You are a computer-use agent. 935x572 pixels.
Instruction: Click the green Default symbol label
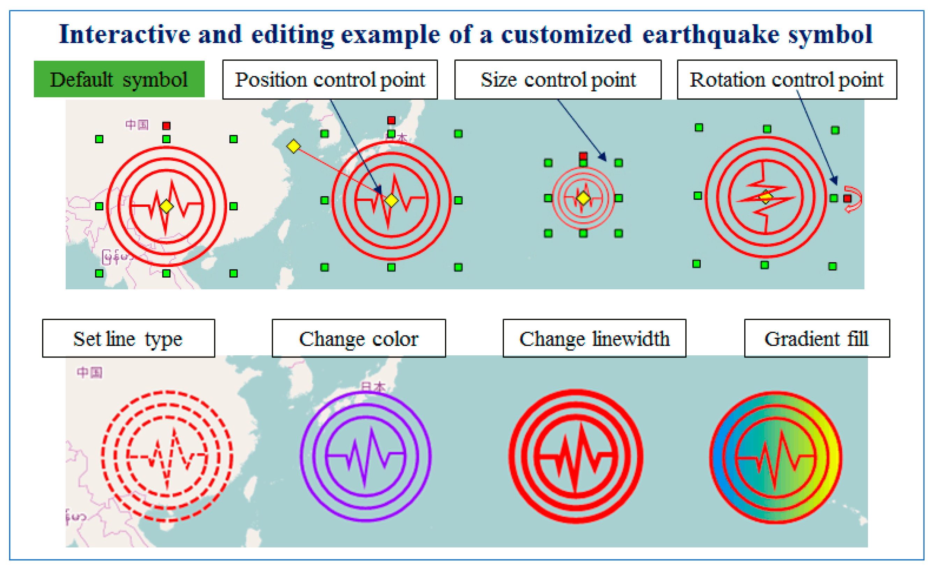pos(119,79)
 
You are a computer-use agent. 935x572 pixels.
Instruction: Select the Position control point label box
pos(330,79)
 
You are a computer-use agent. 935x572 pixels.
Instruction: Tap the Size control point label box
pos(558,79)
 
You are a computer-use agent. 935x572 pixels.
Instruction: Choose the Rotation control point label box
pos(787,79)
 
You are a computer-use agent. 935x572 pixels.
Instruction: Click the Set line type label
pos(128,338)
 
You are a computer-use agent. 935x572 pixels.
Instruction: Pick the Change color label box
pos(359,338)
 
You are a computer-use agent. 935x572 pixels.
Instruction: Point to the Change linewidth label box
pos(594,338)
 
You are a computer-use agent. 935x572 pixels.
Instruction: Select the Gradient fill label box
pos(817,338)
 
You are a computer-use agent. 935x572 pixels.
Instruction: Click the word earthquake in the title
pos(710,34)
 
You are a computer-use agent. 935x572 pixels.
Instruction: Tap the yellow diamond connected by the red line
pos(293,146)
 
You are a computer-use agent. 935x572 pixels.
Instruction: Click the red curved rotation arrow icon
pos(854,199)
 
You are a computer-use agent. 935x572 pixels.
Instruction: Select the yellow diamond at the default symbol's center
pos(166,206)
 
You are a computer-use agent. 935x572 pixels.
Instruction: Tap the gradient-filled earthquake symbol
pos(776,457)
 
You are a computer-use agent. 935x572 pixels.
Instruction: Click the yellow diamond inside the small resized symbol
pos(583,198)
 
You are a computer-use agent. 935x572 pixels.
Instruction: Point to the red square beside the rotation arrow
pos(847,198)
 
